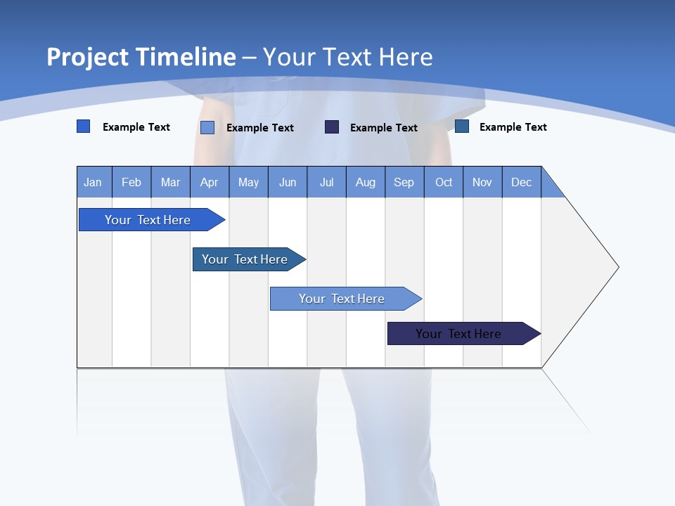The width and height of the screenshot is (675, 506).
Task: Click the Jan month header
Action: pyautogui.click(x=93, y=182)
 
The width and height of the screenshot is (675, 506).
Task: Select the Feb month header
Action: pyautogui.click(x=131, y=182)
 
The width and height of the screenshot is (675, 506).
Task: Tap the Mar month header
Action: pyautogui.click(x=170, y=182)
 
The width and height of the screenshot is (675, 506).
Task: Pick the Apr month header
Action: pyautogui.click(x=210, y=182)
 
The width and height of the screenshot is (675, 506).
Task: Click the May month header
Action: pyautogui.click(x=248, y=182)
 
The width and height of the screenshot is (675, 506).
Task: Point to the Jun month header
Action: pyautogui.click(x=288, y=182)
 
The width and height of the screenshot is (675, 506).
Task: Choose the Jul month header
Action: pyautogui.click(x=326, y=182)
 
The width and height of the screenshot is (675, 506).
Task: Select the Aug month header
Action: pyautogui.click(x=366, y=182)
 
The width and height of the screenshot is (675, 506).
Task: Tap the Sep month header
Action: pyautogui.click(x=404, y=182)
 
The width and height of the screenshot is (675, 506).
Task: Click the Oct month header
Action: pyautogui.click(x=444, y=182)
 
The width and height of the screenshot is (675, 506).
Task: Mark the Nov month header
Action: pyautogui.click(x=482, y=182)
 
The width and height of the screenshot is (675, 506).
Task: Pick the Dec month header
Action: pyautogui.click(x=522, y=182)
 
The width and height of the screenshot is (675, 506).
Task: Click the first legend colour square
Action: pyautogui.click(x=84, y=126)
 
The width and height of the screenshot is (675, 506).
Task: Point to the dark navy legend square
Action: pyautogui.click(x=332, y=127)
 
